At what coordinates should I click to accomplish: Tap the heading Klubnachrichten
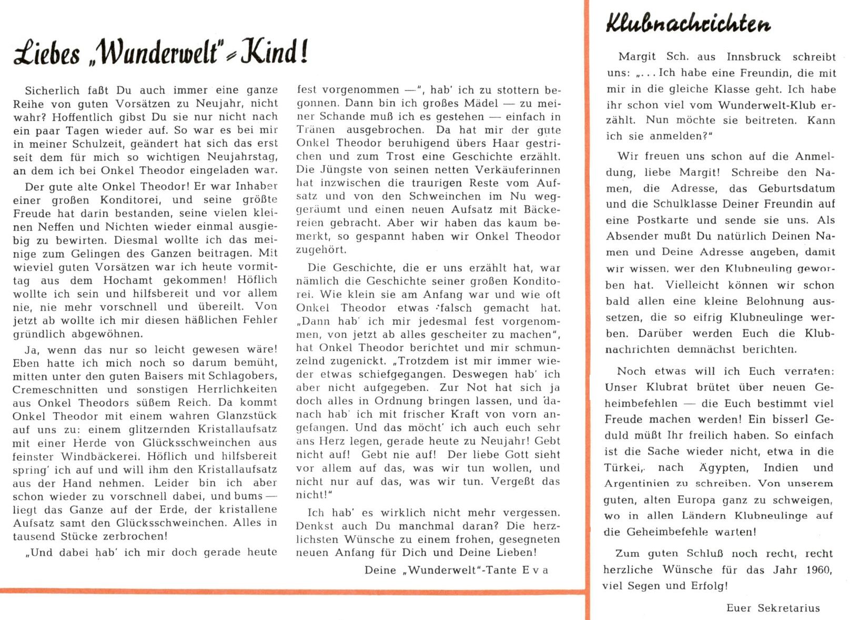pyautogui.click(x=688, y=23)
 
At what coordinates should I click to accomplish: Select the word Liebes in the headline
pyautogui.click(x=47, y=54)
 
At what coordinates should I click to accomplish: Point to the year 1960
pyautogui.click(x=818, y=569)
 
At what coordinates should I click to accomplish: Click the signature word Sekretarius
pyautogui.click(x=788, y=608)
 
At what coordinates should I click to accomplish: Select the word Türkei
pyautogui.click(x=623, y=467)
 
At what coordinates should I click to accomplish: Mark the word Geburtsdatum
pyautogui.click(x=796, y=188)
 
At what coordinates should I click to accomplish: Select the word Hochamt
pyautogui.click(x=128, y=280)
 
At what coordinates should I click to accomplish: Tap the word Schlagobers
pyautogui.click(x=242, y=376)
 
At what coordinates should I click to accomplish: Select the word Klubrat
pyautogui.click(x=658, y=387)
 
